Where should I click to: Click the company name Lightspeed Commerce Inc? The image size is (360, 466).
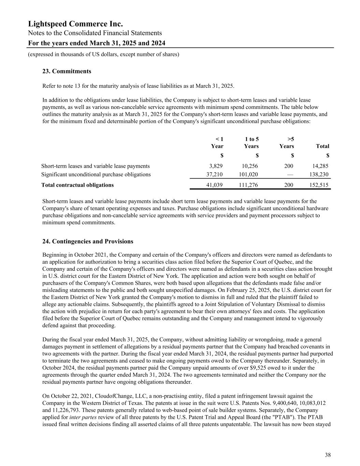click(x=75, y=24)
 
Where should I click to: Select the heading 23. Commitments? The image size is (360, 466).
click(x=67, y=71)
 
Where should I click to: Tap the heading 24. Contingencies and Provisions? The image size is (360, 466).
click(x=88, y=241)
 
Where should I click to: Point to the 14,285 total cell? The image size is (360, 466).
click(x=321, y=166)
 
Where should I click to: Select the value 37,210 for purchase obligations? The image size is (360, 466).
click(x=215, y=174)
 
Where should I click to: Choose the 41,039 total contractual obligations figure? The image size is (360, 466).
click(x=215, y=185)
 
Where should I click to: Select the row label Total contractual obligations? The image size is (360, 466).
click(x=77, y=185)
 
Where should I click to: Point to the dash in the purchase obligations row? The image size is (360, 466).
click(x=290, y=174)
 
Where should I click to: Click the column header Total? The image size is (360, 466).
click(x=322, y=146)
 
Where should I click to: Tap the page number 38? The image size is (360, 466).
click(x=328, y=455)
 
